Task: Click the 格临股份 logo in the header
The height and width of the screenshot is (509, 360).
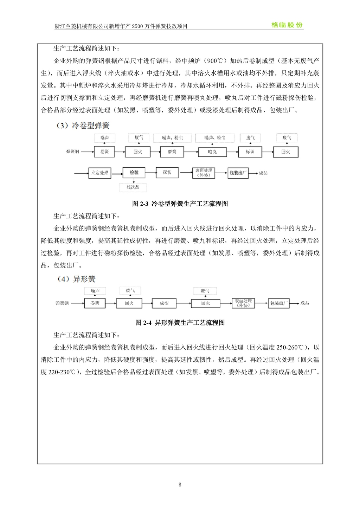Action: pos(287,25)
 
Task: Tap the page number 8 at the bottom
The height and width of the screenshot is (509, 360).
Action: pos(180,485)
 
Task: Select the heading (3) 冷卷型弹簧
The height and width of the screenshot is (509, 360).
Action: pos(83,125)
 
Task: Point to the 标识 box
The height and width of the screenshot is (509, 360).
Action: pos(250,152)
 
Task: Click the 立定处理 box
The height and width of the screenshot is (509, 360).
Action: pos(99,173)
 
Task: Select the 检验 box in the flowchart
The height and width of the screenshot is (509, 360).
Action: pos(134,173)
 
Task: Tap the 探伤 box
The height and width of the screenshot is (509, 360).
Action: pos(167,173)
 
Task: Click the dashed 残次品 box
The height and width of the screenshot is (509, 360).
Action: pos(133,187)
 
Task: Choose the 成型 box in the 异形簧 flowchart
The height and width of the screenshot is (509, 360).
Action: pos(164,303)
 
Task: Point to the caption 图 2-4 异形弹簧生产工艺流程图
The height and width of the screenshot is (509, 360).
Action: pos(180,323)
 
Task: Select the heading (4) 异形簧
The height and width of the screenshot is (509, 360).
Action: pos(76,279)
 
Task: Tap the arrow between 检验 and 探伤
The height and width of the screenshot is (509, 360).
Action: pos(150,173)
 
